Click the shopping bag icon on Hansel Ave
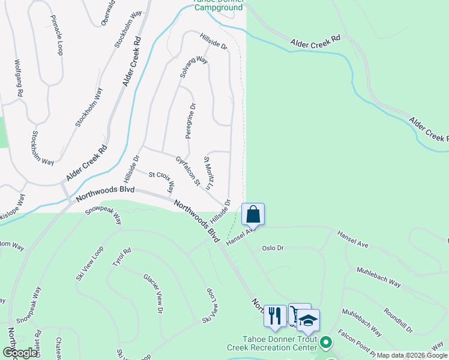(253, 214)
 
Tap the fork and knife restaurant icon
(275, 315)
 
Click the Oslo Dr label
(273, 248)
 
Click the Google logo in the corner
(20, 353)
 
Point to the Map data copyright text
(412, 355)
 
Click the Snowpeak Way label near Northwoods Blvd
(103, 212)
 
